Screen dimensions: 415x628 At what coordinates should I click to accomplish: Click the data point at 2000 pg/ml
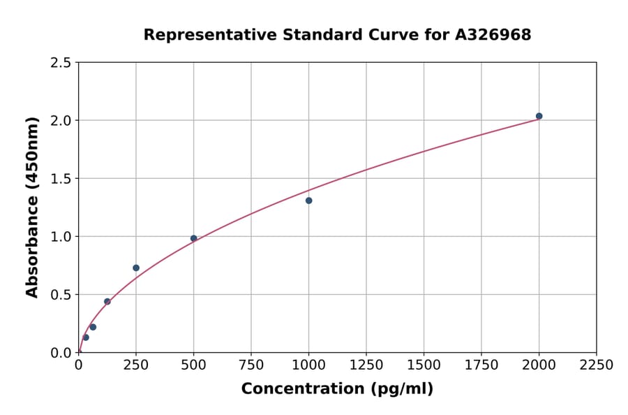coord(539,116)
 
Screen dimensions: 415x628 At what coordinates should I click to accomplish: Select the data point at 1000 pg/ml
coord(308,201)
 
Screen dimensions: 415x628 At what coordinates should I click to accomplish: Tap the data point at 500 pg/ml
coord(194,238)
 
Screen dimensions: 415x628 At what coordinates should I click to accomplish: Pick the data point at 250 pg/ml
coord(136,268)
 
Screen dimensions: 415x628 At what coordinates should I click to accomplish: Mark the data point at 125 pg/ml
coord(107,302)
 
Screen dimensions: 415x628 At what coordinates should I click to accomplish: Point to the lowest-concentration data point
coord(86,337)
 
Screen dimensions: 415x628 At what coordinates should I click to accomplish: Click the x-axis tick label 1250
coord(366,365)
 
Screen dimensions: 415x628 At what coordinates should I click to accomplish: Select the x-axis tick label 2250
coord(597,365)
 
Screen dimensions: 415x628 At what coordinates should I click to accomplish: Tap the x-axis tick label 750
coord(251,365)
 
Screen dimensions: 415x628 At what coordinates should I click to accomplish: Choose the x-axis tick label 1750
coord(481,365)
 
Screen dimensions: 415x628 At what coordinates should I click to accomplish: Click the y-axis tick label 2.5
coord(61,63)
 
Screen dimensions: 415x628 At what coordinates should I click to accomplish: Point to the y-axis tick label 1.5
coord(61,179)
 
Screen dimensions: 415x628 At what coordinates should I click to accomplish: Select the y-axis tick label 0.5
coord(61,295)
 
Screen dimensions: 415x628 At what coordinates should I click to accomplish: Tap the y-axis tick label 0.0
coord(61,353)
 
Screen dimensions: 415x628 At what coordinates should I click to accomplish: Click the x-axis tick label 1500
coord(424,365)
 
